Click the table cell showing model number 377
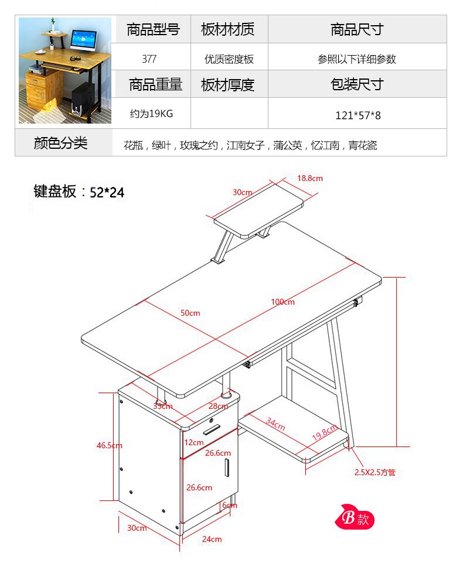pyautogui.click(x=149, y=59)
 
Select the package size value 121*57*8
pyautogui.click(x=358, y=115)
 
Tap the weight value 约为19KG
pyautogui.click(x=151, y=114)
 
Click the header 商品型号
pyautogui.click(x=153, y=30)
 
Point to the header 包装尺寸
pyautogui.click(x=357, y=85)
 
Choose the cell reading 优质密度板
pyautogui.click(x=229, y=59)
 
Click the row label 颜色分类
pyautogui.click(x=60, y=143)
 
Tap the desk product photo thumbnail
pyautogui.click(x=64, y=71)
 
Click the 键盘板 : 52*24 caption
pyautogui.click(x=79, y=192)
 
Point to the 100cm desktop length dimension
pyautogui.click(x=282, y=302)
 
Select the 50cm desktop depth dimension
pyautogui.click(x=190, y=313)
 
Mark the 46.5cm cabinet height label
pyautogui.click(x=110, y=445)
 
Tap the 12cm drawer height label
pyautogui.click(x=193, y=442)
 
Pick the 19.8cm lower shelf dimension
pyautogui.click(x=324, y=434)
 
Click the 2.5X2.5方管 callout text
pyautogui.click(x=375, y=472)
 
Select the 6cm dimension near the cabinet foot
pyautogui.click(x=229, y=505)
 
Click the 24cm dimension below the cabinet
pyautogui.click(x=212, y=539)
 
